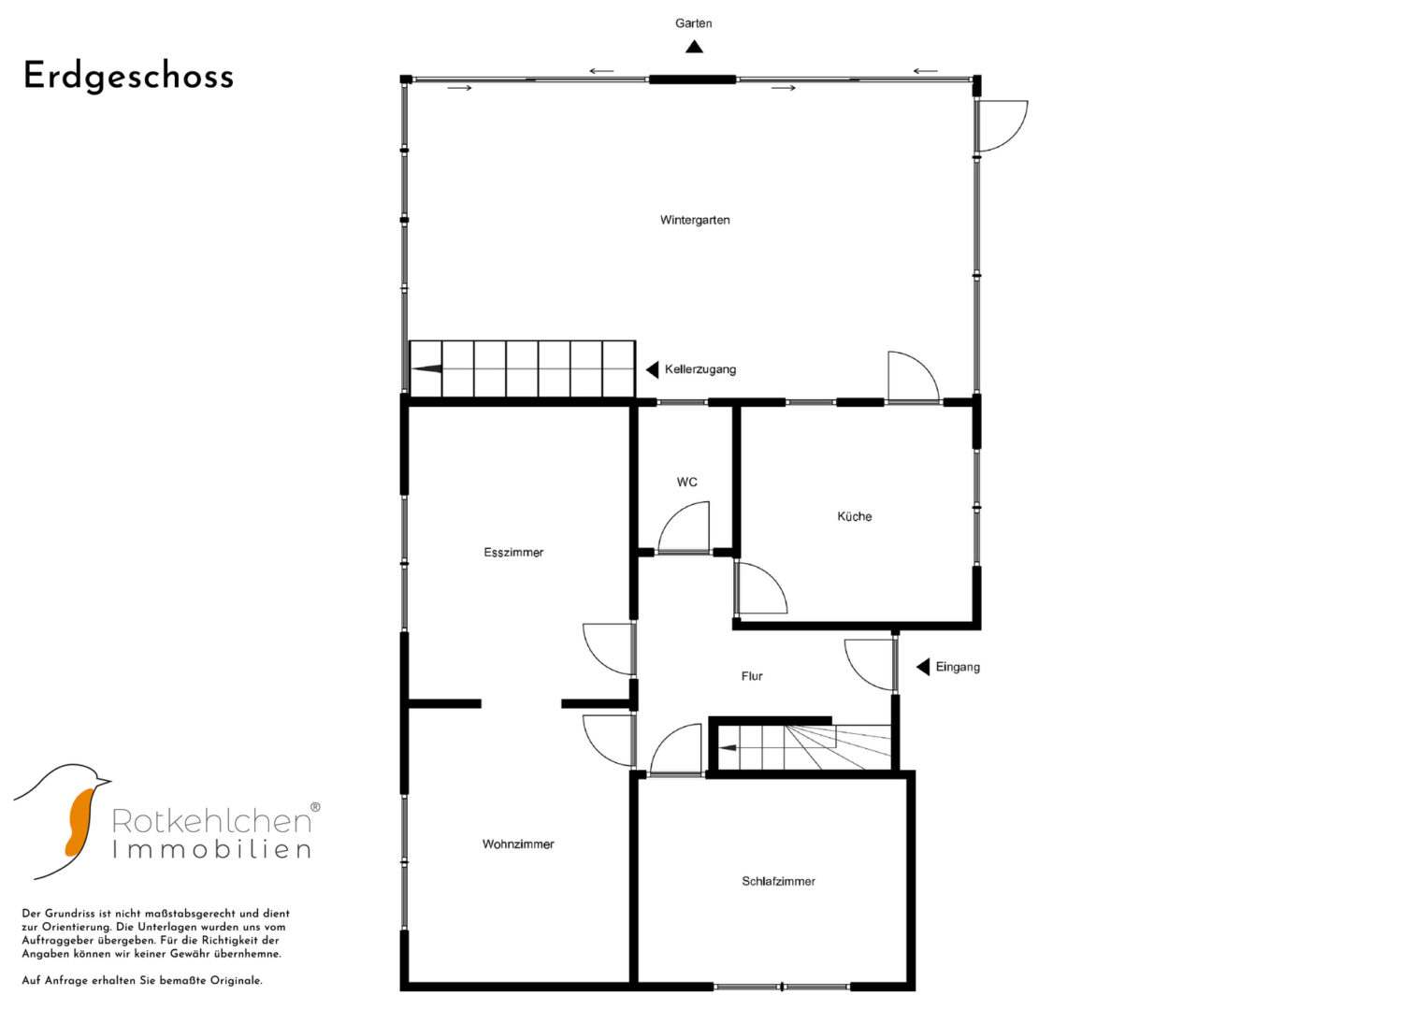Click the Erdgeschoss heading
(129, 77)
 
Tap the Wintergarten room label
(695, 220)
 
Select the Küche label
(854, 516)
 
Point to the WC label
(686, 482)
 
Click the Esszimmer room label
(513, 552)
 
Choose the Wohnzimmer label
(518, 844)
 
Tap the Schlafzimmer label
(778, 881)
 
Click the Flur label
(752, 676)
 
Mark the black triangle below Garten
(694, 47)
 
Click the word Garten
(694, 23)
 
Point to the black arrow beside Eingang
(923, 667)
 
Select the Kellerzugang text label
(700, 369)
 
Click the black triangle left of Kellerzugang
(652, 369)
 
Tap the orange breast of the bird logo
(80, 819)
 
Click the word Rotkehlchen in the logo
(211, 820)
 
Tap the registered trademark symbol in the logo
(315, 807)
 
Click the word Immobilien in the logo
(211, 849)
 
